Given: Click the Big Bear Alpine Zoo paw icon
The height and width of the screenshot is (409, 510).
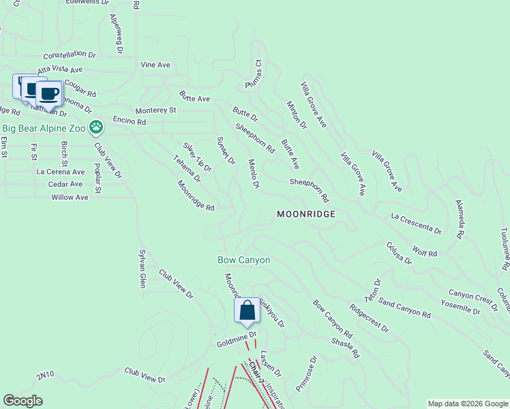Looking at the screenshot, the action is click(x=97, y=127).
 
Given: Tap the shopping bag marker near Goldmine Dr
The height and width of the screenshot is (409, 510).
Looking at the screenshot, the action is click(x=247, y=310).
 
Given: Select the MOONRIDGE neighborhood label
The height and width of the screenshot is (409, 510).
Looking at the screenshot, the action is click(x=305, y=214).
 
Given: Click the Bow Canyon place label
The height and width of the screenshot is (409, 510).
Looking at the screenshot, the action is click(x=244, y=260).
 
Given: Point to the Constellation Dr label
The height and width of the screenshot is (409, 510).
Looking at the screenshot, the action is click(x=71, y=55).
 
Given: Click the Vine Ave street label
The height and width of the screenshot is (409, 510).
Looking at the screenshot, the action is click(x=155, y=65).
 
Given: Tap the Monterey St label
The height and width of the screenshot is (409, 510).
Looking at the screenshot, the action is click(x=155, y=110).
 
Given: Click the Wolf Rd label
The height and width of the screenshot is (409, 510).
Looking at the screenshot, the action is click(x=425, y=252).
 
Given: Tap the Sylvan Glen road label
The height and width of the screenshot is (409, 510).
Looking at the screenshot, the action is click(x=142, y=268).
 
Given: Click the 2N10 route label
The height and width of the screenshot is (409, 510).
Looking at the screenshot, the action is click(x=45, y=375).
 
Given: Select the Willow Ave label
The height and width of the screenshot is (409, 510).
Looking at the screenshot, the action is click(x=70, y=198).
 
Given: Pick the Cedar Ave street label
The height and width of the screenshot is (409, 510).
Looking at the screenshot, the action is click(x=65, y=185).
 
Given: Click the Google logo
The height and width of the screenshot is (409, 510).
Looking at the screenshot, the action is click(x=22, y=401).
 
